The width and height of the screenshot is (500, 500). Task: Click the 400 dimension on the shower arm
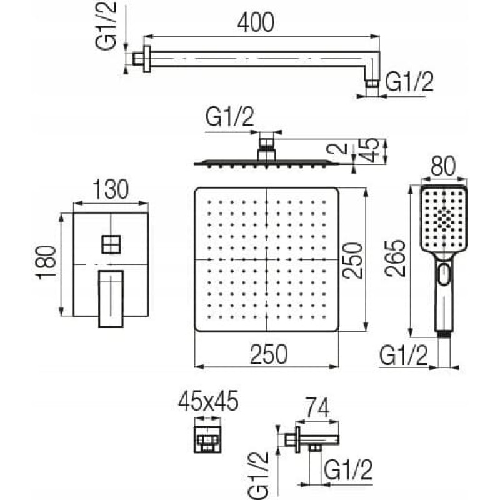(x=256, y=23)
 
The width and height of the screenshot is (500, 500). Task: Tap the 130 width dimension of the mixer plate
(x=111, y=189)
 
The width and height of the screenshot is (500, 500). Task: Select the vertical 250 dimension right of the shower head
(x=353, y=259)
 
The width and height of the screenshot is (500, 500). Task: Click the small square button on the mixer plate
(x=111, y=243)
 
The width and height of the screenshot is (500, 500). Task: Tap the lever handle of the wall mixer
(x=111, y=298)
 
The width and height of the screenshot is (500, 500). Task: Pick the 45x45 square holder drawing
(x=207, y=441)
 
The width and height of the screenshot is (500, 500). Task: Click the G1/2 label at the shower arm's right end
(x=409, y=82)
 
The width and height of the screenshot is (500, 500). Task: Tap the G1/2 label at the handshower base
(x=404, y=356)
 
